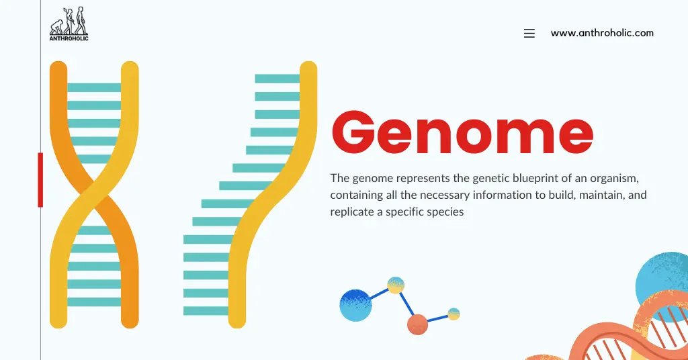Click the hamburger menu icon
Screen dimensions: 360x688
pyautogui.click(x=529, y=34)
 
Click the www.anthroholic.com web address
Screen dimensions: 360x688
pyautogui.click(x=602, y=33)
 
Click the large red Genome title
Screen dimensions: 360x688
pyautogui.click(x=462, y=134)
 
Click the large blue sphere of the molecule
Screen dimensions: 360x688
pyautogui.click(x=355, y=305)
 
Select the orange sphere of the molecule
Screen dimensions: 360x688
pyautogui.click(x=417, y=324)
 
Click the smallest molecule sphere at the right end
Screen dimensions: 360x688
pyautogui.click(x=454, y=314)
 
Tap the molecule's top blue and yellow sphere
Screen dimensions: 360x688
pyautogui.click(x=396, y=285)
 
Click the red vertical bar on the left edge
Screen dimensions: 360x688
pyautogui.click(x=40, y=179)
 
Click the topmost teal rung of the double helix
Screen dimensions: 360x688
pyautogui.click(x=94, y=87)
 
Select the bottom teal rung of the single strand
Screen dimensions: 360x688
pyautogui.click(x=206, y=311)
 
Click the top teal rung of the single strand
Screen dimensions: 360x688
pyautogui.click(x=277, y=79)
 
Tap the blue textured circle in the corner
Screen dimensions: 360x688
pyautogui.click(x=662, y=278)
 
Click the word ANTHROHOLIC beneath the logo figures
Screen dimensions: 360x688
pyautogui.click(x=69, y=38)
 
